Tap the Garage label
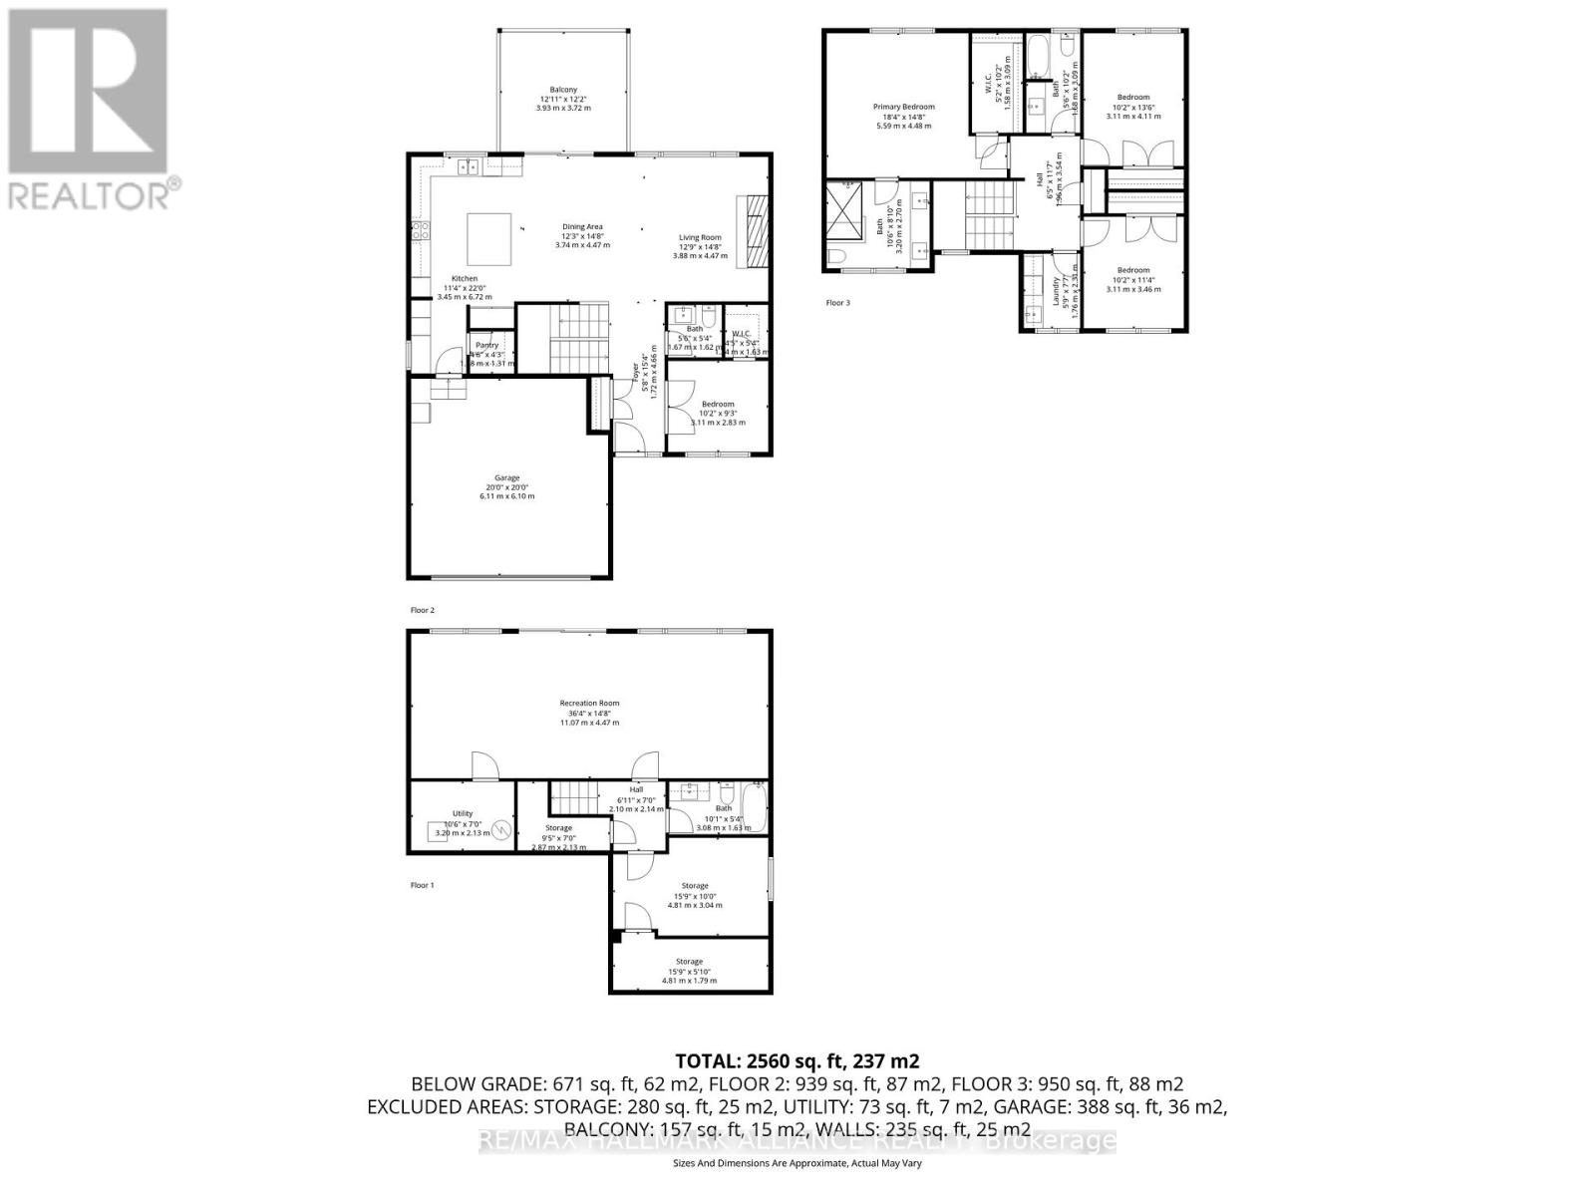(507, 477)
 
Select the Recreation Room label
(589, 703)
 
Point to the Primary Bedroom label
(904, 107)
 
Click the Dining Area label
(582, 226)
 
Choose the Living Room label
(700, 237)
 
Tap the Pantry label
(486, 345)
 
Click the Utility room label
(462, 813)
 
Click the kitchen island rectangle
(490, 236)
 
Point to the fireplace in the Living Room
(755, 228)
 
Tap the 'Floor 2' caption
(423, 609)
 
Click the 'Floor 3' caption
(837, 302)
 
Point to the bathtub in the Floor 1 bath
(754, 807)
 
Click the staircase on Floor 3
(988, 215)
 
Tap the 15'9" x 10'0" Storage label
(695, 886)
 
